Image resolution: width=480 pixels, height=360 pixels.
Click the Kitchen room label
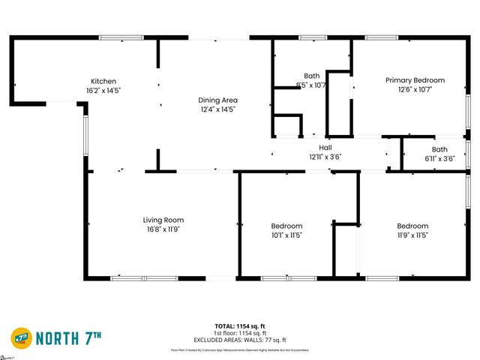[103, 81]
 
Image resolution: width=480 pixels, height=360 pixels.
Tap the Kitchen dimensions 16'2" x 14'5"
[103, 90]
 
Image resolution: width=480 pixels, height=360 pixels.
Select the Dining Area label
[217, 100]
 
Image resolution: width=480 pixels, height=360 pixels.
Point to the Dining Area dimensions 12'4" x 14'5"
[217, 109]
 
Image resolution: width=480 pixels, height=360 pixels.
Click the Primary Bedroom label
[415, 80]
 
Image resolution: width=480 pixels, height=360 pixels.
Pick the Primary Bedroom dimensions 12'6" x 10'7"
[415, 89]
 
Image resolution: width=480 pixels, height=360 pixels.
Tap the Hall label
[325, 148]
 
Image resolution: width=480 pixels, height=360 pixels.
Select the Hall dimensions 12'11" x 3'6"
[325, 157]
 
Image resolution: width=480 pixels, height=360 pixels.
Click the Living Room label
[163, 220]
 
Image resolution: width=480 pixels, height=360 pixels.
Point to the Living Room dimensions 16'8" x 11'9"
[163, 229]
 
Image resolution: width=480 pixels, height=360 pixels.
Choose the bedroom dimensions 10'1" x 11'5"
[286, 235]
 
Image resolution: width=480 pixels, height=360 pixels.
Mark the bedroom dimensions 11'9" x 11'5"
[412, 235]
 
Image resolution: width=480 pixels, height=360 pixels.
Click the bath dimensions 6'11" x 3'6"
[439, 157]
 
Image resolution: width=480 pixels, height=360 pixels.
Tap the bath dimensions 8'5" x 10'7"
[311, 85]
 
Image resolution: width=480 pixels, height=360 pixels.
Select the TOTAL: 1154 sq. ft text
[240, 326]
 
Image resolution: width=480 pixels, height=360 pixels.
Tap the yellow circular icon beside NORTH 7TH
[21, 337]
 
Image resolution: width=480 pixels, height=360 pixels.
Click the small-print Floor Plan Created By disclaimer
[240, 349]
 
